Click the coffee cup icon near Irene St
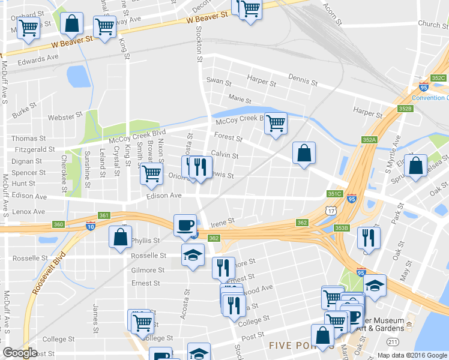point(185,225)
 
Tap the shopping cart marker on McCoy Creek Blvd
point(276,124)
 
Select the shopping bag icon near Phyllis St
point(120,236)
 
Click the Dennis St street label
point(303,80)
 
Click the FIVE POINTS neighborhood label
point(294,345)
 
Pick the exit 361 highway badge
point(104,215)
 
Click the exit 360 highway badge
point(58,224)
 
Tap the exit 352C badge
point(438,78)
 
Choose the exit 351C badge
point(334,194)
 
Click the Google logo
point(20,353)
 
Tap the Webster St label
point(65,116)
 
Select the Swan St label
point(218,81)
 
